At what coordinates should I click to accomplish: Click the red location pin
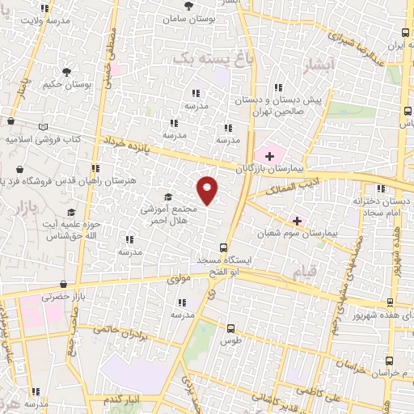tap(208, 189)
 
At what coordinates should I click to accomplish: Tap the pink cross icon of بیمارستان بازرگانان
tap(269, 155)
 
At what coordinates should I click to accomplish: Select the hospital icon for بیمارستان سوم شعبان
tap(297, 221)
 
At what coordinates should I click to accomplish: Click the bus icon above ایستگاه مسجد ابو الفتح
tap(224, 248)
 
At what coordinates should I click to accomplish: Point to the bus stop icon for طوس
tap(231, 328)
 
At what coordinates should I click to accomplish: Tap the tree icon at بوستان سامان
tap(188, 6)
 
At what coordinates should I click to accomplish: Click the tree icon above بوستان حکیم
tap(66, 72)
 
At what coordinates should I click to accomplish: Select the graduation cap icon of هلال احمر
tap(168, 197)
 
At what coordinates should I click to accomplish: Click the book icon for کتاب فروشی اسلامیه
tap(43, 127)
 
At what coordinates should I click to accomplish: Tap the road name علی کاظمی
tap(322, 391)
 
